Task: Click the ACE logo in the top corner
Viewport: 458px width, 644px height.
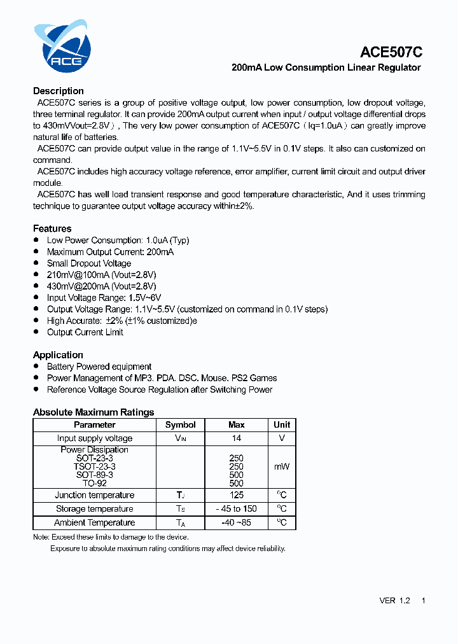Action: pos(62,46)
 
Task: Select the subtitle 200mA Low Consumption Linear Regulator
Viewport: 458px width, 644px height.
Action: pos(326,67)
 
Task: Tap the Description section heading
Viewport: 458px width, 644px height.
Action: pos(59,91)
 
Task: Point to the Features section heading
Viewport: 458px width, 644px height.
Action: pos(52,228)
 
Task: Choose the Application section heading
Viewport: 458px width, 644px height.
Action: pos(58,355)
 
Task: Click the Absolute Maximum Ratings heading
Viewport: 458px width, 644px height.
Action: pos(94,412)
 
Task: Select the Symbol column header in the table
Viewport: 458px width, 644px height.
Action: pos(181,425)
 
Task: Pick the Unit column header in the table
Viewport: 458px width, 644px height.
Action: pos(282,425)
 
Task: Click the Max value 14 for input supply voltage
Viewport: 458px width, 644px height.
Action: pos(236,438)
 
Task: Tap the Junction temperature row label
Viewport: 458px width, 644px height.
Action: pos(95,495)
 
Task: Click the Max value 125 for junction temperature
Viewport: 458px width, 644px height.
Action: pos(236,495)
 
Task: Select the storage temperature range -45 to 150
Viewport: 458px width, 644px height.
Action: pos(236,509)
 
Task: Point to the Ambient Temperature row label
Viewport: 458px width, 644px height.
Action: pos(95,523)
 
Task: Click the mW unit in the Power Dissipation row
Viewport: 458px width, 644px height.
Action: pos(282,466)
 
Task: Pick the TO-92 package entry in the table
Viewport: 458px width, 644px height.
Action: pos(95,484)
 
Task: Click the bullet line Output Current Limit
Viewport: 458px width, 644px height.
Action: pos(85,332)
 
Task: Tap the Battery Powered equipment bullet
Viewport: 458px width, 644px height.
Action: pos(99,367)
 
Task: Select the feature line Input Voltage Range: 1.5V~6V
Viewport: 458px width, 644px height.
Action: pos(104,298)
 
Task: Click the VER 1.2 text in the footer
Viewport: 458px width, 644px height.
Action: pos(394,601)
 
